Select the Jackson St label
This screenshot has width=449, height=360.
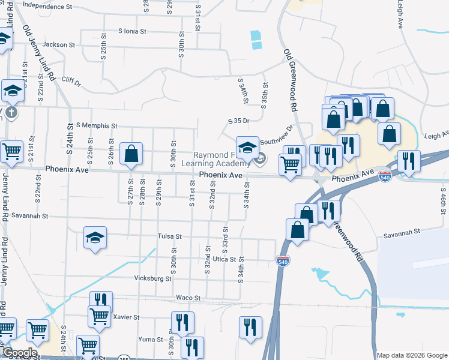click(59, 44)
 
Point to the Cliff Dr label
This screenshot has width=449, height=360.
click(70, 81)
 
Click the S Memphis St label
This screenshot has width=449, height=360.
click(97, 125)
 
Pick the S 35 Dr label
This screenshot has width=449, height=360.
click(238, 121)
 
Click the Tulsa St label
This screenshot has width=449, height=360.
click(169, 236)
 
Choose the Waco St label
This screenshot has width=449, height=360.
click(187, 298)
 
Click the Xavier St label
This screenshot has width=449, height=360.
click(126, 317)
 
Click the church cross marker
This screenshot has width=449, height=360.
click(12, 112)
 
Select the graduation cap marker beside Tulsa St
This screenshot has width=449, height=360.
click(95, 239)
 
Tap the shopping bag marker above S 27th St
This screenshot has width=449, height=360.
click(131, 154)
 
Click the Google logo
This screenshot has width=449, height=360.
click(19, 353)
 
